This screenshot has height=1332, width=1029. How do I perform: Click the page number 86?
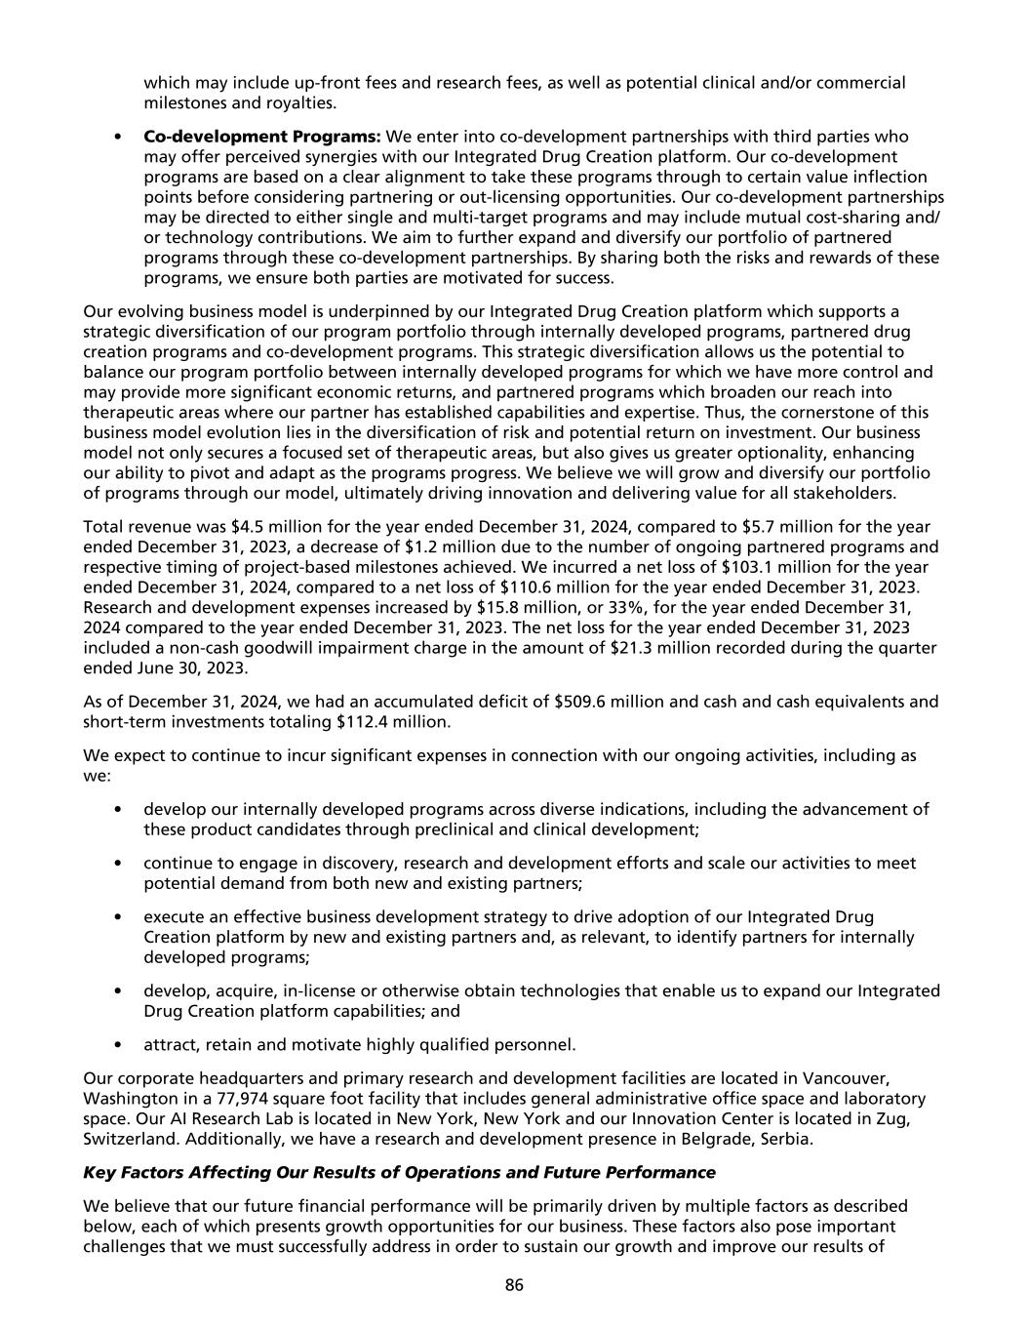(x=514, y=1285)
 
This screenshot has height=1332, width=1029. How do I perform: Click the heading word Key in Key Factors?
(x=99, y=1172)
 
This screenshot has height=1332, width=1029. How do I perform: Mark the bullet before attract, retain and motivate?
(x=118, y=1045)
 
